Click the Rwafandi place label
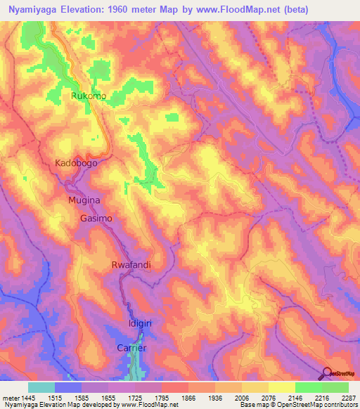tap(131, 265)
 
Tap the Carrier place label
tap(131, 348)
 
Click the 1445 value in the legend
tap(27, 398)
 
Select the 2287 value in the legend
tap(348, 398)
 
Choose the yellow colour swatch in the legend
tap(281, 387)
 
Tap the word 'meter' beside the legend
tap(10, 398)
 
